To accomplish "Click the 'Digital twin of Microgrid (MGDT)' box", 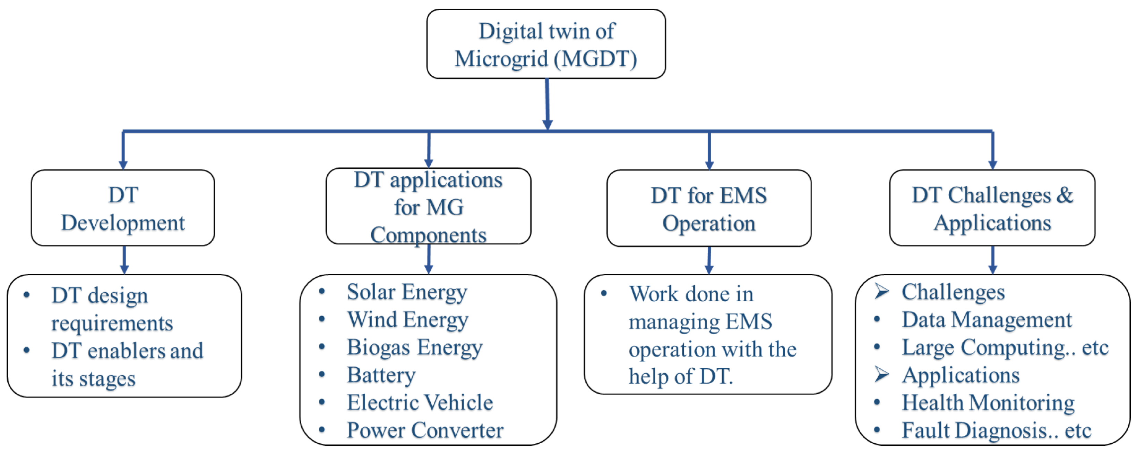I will pos(546,44).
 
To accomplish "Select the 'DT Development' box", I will pos(123,208).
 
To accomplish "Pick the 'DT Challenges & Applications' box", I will pos(992,208).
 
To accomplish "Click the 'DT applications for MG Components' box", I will pos(428,206).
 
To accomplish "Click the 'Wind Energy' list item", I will pos(407,319).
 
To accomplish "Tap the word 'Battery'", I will pos(381,375).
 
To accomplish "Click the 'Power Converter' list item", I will pos(425,430).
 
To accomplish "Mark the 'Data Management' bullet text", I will pos(987,319).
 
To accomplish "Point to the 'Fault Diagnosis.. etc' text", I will pos(996,430).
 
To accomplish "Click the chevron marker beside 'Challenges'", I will pos(881,291).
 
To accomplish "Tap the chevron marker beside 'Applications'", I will pos(881,374).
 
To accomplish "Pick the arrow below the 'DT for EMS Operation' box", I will pos(709,260).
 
